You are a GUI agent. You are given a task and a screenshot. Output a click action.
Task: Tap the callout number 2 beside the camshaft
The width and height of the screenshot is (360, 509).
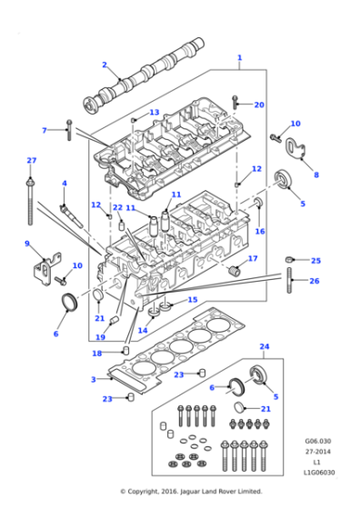point(105,65)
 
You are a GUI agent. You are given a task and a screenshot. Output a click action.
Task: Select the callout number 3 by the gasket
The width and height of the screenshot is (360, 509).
point(93,379)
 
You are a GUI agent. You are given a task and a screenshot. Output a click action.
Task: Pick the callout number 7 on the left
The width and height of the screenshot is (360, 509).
point(44,130)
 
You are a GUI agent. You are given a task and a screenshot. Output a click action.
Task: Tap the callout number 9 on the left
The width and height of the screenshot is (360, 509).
point(26,244)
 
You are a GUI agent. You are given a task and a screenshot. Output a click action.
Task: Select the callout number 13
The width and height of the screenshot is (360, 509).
point(154,113)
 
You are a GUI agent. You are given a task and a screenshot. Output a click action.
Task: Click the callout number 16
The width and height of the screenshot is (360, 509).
point(260,231)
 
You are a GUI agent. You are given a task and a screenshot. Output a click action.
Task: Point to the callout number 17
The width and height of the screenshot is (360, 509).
point(253,259)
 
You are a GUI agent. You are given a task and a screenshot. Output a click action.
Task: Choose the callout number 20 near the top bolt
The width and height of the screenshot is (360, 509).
point(259,105)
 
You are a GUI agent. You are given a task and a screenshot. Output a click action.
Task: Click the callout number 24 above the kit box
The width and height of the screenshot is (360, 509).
point(265,346)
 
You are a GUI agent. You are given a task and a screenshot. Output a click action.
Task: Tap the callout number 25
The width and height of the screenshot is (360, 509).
point(315,261)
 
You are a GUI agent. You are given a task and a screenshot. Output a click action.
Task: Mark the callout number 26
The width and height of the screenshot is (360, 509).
point(315,281)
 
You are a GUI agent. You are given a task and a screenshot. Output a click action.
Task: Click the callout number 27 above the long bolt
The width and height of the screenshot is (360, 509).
point(31,161)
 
